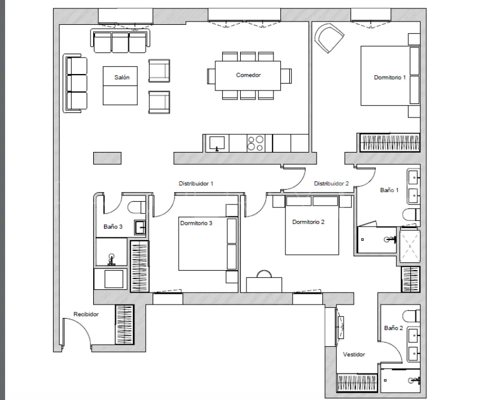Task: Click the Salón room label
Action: [122, 77]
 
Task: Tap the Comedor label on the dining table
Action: [248, 75]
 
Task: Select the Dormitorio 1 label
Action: [390, 77]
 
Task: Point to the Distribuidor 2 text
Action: [331, 184]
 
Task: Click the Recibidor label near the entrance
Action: [86, 314]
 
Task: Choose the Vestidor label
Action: [354, 354]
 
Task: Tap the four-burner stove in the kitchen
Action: [255, 144]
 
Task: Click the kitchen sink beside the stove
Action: [217, 143]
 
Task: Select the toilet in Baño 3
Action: [137, 208]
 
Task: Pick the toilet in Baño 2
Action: [411, 316]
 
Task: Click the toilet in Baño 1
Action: [411, 215]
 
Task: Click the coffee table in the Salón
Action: [120, 86]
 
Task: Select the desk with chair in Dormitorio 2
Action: [264, 281]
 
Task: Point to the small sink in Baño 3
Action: [140, 228]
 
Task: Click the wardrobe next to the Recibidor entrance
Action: [124, 324]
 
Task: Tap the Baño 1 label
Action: [389, 190]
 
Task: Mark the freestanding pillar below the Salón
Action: [107, 158]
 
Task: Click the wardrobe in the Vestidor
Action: [357, 382]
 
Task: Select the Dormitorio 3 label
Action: [196, 223]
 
